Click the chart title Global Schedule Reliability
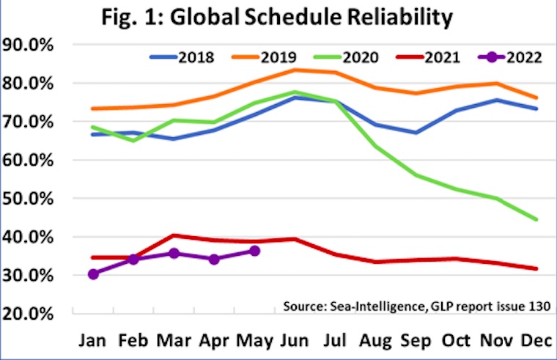coord(278,17)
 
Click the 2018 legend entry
coord(181,56)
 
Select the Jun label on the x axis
coord(295,341)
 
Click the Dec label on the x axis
coord(537,341)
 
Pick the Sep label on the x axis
coord(416,341)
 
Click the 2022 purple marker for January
coord(93,273)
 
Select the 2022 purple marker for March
coord(174,253)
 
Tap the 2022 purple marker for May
coord(254,251)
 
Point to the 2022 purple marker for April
coord(214,259)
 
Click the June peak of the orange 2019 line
coord(295,70)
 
